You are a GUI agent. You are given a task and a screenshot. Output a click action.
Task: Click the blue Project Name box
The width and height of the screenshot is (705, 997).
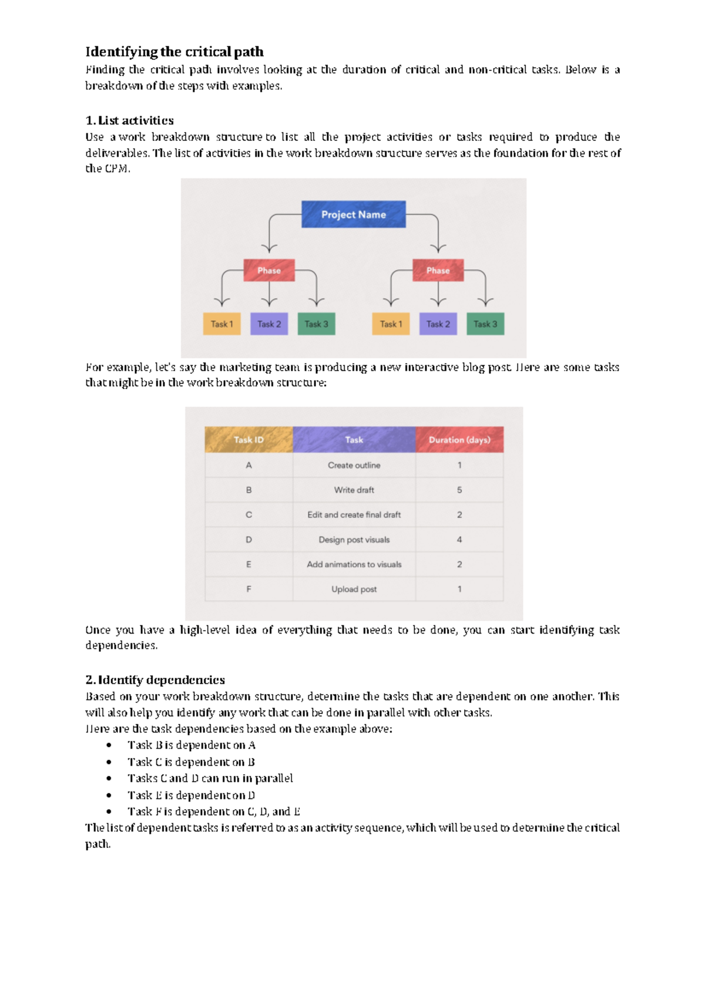pos(353,214)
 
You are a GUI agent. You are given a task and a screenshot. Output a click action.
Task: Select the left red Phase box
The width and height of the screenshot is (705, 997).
pos(269,270)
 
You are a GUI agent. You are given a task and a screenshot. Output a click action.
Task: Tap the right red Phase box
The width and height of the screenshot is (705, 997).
pos(438,270)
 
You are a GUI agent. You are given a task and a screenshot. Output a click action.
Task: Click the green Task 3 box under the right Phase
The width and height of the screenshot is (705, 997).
pos(485,324)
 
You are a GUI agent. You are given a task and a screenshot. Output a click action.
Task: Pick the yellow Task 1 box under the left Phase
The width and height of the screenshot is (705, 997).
pos(221,324)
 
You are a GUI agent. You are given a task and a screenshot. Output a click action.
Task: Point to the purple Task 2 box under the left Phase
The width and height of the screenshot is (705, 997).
pos(269,324)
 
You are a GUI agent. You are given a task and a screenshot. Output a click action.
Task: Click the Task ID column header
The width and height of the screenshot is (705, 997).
pos(249,440)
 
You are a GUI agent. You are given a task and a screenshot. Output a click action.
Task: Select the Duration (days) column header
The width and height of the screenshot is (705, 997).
pos(459,440)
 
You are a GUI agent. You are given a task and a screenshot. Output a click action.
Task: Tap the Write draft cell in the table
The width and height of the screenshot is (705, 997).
pos(354,490)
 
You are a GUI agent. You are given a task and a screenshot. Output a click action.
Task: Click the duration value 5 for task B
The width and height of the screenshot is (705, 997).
pos(459,490)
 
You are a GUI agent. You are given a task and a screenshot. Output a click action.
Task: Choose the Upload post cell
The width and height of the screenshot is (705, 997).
pos(354,589)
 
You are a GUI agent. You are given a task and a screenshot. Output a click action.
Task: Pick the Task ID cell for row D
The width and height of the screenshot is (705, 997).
pos(249,540)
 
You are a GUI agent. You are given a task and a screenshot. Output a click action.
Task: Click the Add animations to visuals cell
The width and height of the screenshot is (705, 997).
pos(354,564)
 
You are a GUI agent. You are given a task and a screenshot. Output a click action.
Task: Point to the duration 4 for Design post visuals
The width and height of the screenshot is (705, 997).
pos(459,540)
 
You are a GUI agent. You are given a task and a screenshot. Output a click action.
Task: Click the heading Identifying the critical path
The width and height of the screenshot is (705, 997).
pos(174,52)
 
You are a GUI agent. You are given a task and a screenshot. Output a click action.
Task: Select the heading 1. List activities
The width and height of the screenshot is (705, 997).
pos(130,120)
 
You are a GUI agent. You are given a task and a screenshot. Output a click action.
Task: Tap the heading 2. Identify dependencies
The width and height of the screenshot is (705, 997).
pos(155,680)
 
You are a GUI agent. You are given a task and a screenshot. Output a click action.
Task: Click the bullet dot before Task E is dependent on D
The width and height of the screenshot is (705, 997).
pos(109,795)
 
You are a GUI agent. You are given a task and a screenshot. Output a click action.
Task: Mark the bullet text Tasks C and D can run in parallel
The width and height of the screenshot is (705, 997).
pos(210,778)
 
